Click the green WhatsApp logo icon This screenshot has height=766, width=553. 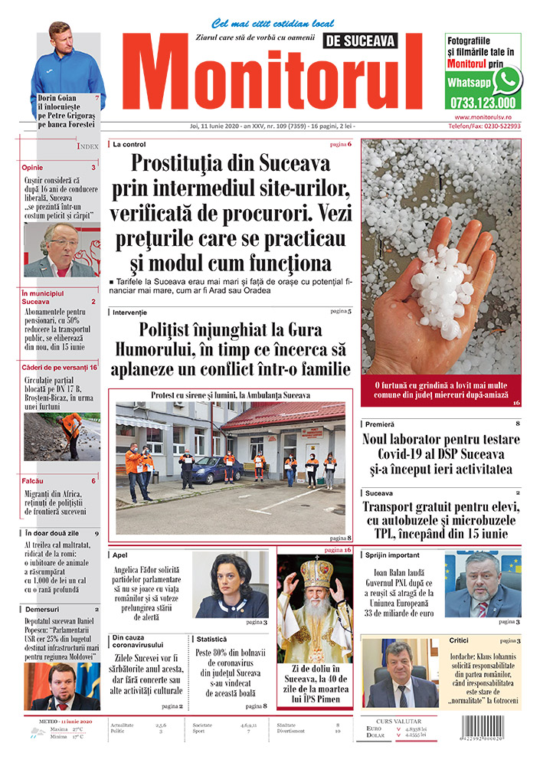(507, 80)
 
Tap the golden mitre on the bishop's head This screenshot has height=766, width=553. (316, 572)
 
